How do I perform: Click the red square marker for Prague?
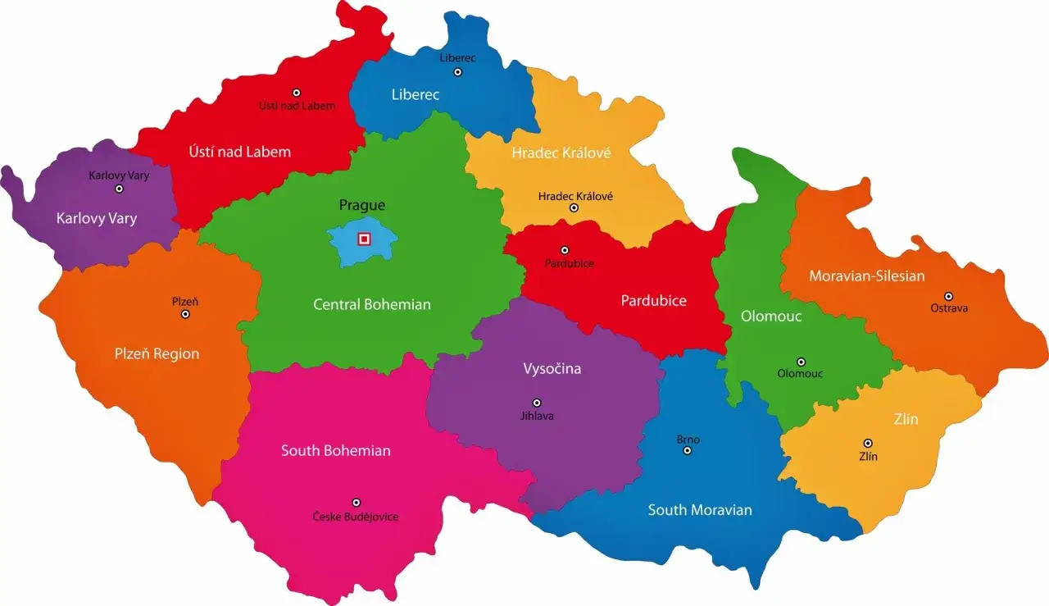click(365, 239)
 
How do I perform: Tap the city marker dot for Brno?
click(688, 450)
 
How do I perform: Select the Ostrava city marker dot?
click(948, 296)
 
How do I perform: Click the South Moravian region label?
click(699, 510)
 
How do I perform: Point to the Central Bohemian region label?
click(371, 304)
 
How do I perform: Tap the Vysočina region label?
click(552, 369)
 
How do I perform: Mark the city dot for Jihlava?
click(537, 403)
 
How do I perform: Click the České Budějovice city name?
click(356, 517)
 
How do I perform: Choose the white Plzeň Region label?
click(157, 354)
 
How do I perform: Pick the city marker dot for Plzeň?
click(185, 314)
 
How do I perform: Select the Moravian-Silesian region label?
click(866, 276)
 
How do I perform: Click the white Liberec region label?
click(415, 95)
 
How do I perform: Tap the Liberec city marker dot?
click(458, 72)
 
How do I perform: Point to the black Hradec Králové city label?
click(575, 196)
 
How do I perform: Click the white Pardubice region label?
click(653, 301)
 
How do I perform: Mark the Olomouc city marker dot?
click(801, 362)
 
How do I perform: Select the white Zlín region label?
click(906, 420)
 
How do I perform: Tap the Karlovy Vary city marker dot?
click(119, 189)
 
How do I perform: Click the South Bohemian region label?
click(335, 451)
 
